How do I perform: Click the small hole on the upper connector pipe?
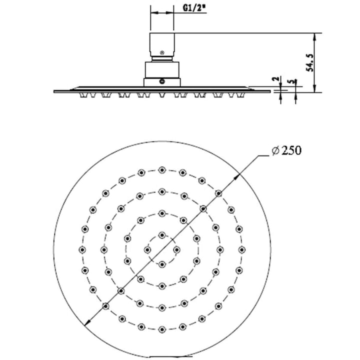(161, 51)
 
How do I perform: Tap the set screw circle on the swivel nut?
(161, 80)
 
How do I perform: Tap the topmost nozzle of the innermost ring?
(161, 234)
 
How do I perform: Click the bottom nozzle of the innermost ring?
(161, 263)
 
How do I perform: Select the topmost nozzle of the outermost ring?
(161, 170)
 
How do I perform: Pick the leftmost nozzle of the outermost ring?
(82, 249)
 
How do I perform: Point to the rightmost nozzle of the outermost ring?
(241, 249)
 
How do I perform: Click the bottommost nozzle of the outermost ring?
(161, 328)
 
